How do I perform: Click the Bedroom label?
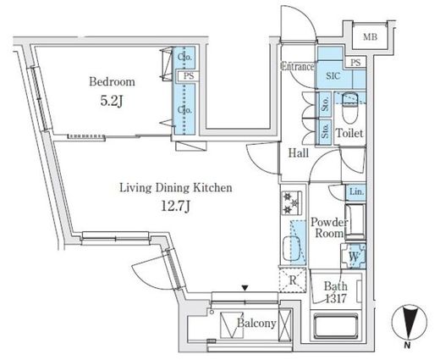pos(112,82)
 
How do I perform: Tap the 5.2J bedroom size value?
pos(112,102)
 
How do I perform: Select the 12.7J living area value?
pos(175,207)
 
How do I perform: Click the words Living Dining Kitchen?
pos(176,188)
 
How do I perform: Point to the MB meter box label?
pos(370,36)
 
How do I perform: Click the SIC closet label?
pos(333,75)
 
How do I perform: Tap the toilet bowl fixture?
pos(349,108)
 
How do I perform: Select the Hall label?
pos(299,153)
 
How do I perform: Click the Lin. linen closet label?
pos(356,192)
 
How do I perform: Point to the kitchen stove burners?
pos(291,202)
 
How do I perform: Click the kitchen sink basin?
pos(292,248)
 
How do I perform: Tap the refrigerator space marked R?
pos(293,280)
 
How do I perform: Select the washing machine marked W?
pos(354,257)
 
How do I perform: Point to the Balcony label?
pos(256,324)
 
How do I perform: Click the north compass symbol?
pos(410,322)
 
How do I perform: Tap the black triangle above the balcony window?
pos(245,288)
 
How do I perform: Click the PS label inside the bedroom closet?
pos(189,76)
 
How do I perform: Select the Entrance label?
pos(297,67)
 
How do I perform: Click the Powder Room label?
pos(329,228)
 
